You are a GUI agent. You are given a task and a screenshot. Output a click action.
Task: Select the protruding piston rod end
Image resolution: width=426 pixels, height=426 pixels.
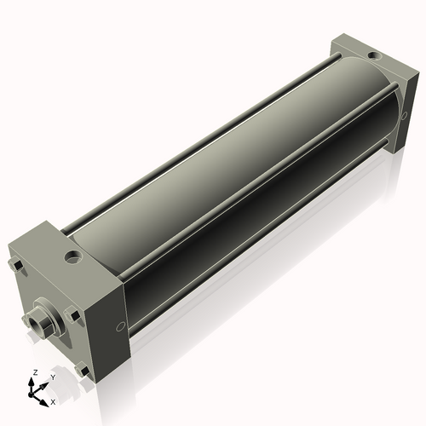(33, 321)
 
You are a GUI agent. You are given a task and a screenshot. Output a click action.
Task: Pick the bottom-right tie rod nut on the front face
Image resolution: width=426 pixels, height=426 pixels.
(81, 370)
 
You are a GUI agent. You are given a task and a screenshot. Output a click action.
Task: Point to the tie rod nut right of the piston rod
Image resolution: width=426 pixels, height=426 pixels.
(74, 316)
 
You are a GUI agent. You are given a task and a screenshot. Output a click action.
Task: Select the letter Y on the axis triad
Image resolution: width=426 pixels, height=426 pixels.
(52, 377)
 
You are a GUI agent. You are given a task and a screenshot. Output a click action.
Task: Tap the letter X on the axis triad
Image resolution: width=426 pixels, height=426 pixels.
(53, 400)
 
